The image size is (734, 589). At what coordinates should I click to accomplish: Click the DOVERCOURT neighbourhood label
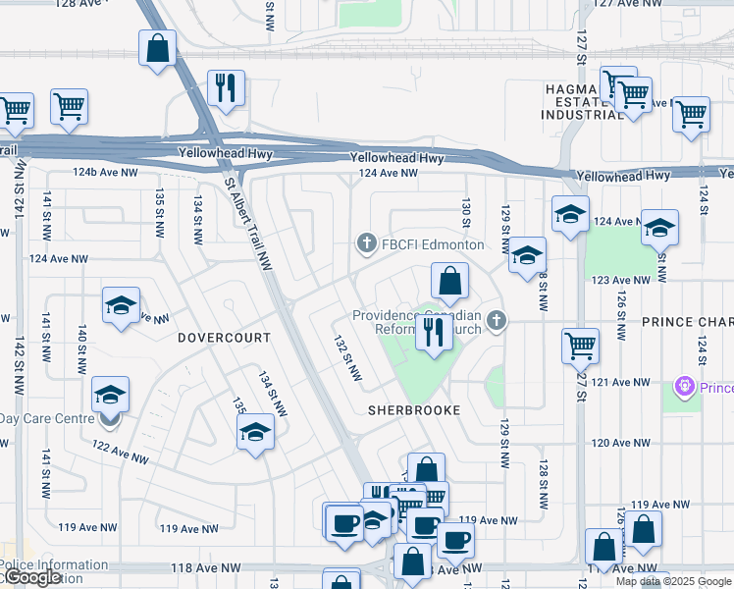[x=224, y=337]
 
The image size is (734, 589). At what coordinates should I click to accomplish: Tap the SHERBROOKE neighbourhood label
[x=413, y=410]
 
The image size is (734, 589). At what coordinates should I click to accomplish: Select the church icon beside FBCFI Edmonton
[x=367, y=243]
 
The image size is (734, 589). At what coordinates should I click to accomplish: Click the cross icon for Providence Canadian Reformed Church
[x=498, y=320]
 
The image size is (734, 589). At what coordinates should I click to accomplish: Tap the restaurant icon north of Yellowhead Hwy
[x=228, y=86]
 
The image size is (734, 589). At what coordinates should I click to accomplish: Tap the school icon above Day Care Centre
[x=110, y=396]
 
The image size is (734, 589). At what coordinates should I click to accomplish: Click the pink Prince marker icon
[x=685, y=388]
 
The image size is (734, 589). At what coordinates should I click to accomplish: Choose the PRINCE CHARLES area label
[x=687, y=322]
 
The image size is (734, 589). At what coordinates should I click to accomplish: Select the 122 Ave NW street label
[x=119, y=452]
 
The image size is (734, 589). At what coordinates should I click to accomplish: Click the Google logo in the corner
[x=31, y=578]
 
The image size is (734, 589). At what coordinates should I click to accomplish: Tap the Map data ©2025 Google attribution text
[x=672, y=581]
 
